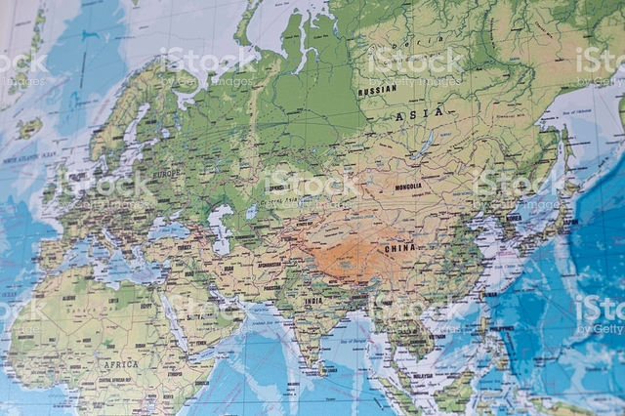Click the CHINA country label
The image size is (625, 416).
tap(399, 248)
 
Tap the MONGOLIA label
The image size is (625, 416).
tap(407, 187)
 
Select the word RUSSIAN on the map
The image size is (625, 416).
tap(377, 90)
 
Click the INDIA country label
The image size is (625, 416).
tap(312, 301)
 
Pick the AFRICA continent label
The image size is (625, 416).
tap(121, 364)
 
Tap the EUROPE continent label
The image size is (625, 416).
tap(166, 173)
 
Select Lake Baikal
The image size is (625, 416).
tap(426, 145)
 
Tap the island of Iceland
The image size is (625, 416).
tap(27, 128)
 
